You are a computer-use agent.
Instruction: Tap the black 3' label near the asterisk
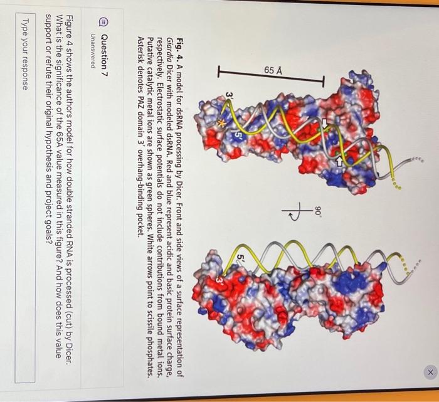coord(230,96)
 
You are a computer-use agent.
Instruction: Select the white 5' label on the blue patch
coord(239,134)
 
